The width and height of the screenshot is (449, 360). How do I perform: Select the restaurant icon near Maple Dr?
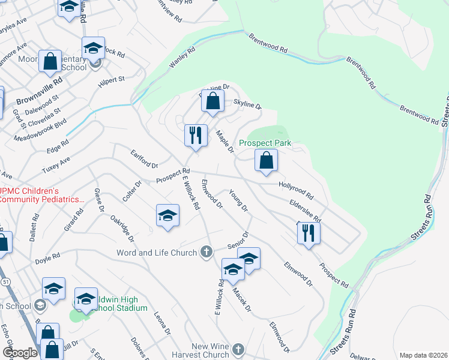[x=195, y=136]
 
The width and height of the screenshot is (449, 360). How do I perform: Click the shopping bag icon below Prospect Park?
[x=266, y=161]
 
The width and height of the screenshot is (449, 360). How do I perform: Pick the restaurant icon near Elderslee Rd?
[x=309, y=233]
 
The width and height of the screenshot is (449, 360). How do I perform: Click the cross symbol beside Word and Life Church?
[x=206, y=252]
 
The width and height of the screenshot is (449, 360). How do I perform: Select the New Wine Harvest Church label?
[x=210, y=350]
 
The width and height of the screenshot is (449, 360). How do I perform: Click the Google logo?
[x=20, y=353]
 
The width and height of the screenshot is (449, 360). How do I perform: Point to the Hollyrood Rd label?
[x=296, y=191]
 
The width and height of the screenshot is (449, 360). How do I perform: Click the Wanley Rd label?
[x=182, y=58]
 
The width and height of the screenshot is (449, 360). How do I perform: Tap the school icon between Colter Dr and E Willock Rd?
[x=167, y=216]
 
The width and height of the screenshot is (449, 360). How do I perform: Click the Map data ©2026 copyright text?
[x=423, y=355]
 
